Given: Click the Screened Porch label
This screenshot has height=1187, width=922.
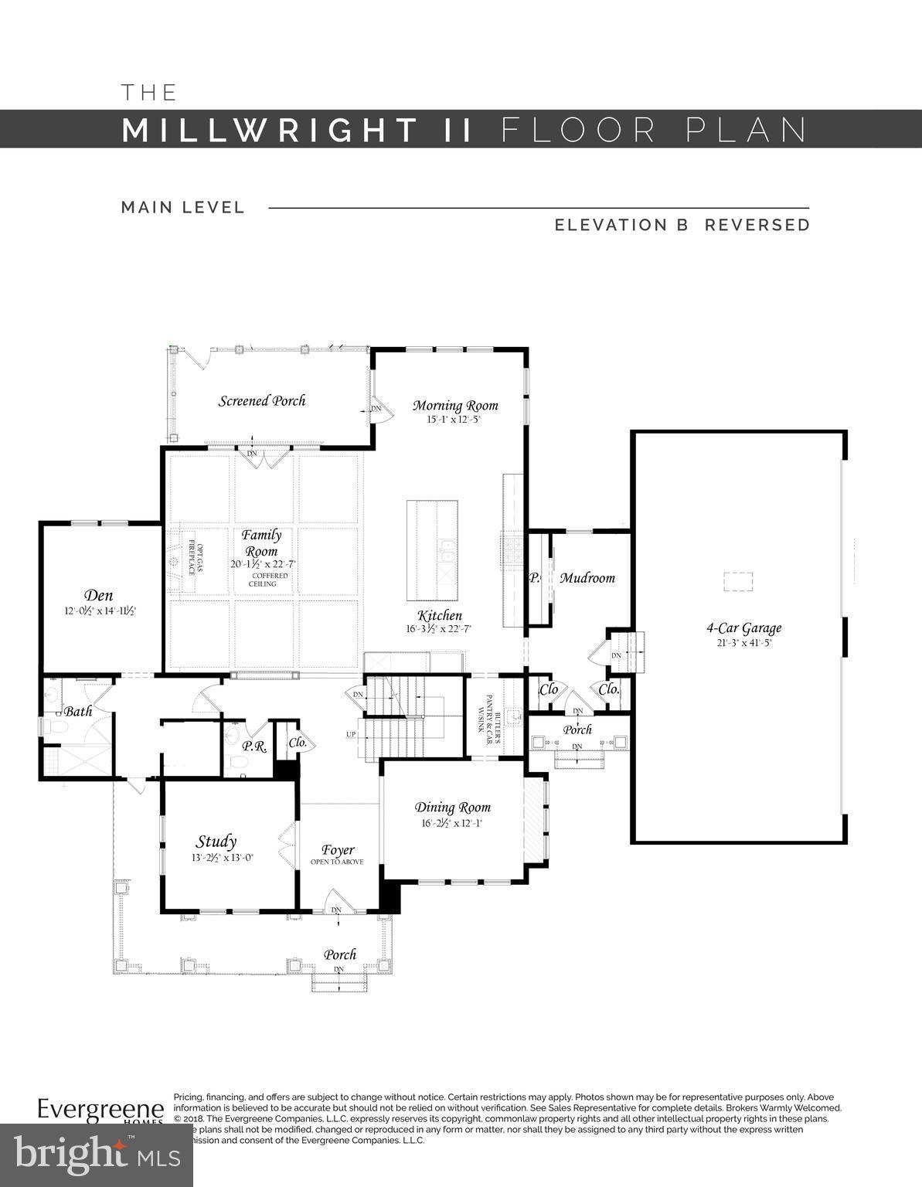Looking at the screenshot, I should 262,400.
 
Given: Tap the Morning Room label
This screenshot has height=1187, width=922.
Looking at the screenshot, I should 455,405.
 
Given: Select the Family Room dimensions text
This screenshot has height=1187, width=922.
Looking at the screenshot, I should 263,564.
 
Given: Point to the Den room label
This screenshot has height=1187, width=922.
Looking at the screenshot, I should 99,595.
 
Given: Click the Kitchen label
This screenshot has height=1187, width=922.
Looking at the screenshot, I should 440,615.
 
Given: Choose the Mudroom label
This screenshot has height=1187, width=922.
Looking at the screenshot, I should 587,577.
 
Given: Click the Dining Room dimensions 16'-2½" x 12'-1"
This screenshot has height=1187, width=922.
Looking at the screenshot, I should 452,823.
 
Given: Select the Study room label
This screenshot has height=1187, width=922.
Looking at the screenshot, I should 216,842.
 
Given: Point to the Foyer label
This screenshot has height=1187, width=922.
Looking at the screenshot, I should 338,850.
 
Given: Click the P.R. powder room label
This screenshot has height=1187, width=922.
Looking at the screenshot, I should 254,746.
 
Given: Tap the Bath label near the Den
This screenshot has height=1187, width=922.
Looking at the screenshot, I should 78,711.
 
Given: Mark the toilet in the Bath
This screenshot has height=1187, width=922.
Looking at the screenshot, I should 53,727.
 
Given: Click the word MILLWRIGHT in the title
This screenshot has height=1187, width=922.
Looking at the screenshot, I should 270,130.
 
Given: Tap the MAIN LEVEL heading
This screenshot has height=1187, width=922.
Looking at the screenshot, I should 183,207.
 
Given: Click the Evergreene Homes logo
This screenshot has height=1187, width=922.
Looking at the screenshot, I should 101,1111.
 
